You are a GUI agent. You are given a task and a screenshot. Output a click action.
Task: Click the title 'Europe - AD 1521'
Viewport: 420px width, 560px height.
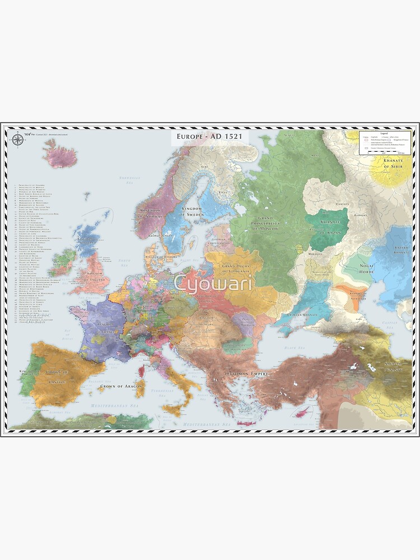[209, 137]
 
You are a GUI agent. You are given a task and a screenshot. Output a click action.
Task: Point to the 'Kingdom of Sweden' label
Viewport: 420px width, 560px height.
[199, 211]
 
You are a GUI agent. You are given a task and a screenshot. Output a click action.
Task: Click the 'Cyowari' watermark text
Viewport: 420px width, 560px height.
[212, 283]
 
